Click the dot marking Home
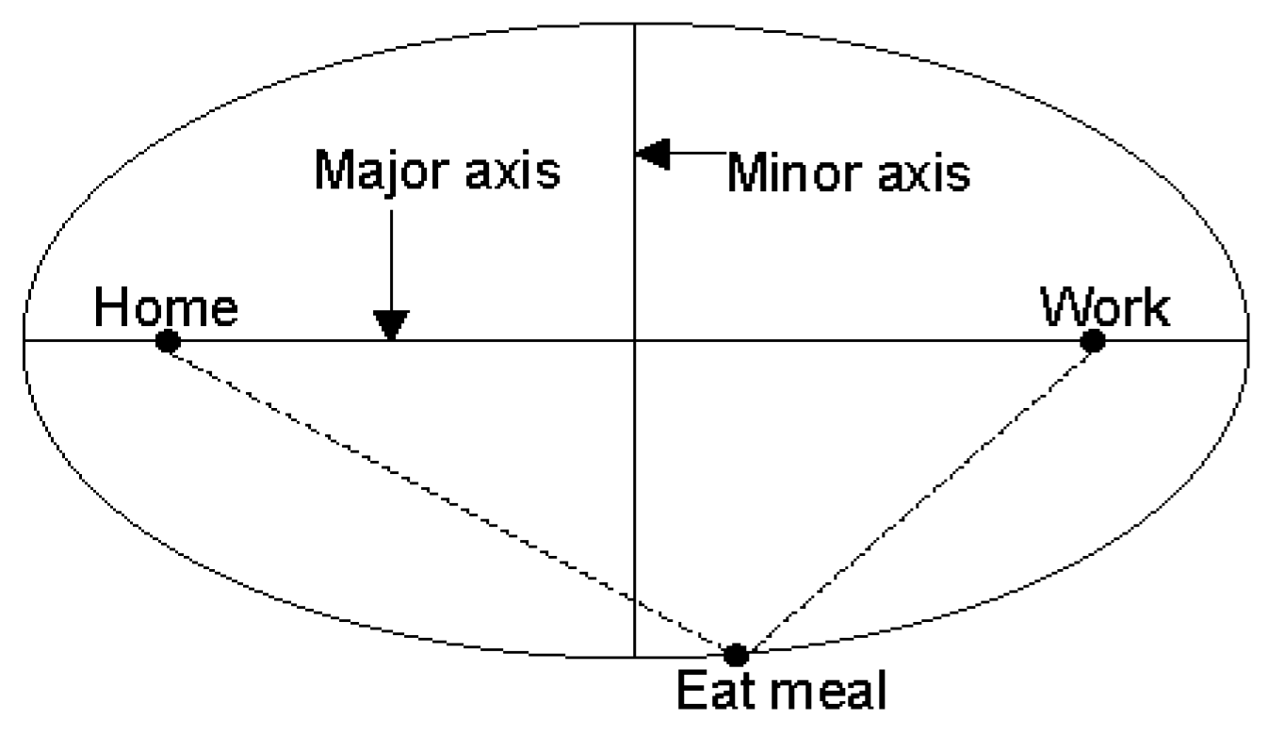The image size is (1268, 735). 168,341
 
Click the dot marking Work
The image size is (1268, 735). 1092,340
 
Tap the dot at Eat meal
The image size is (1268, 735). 736,653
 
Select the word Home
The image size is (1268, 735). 165,307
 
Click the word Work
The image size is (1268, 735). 1104,307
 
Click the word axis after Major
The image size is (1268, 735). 510,172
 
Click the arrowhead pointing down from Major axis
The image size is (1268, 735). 390,325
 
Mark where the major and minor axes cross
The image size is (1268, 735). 635,340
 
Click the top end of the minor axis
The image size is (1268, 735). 635,24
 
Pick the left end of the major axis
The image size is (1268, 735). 25,340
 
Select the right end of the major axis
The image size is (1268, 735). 1247,340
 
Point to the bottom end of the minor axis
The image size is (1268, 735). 635,655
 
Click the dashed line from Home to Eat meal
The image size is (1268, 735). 452,497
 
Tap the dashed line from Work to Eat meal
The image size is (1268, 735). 914,497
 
